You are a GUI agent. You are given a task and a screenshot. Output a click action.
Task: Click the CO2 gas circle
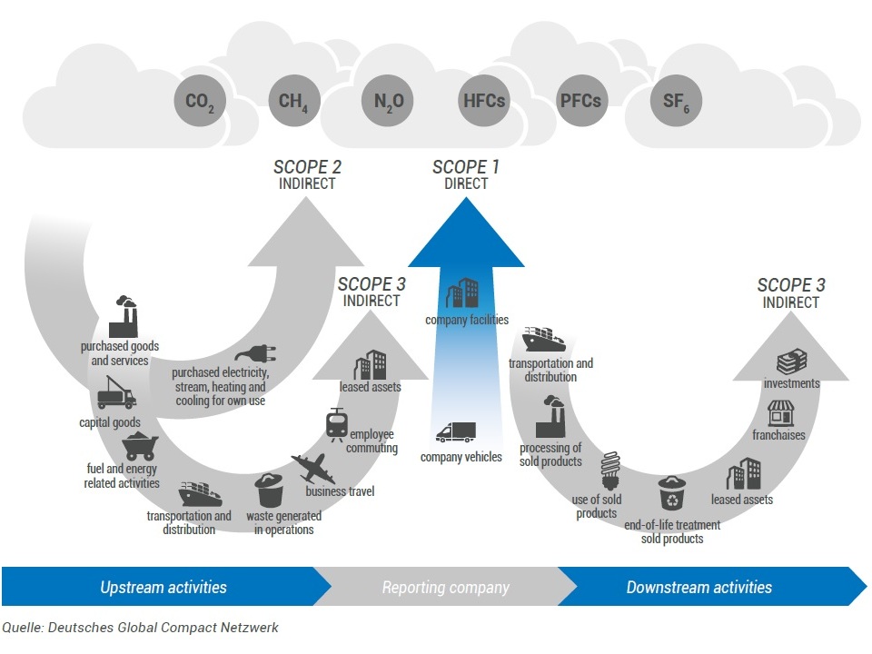tap(200, 101)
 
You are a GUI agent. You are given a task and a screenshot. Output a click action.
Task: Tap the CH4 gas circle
tap(294, 101)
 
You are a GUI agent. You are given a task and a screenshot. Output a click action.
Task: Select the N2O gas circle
tap(388, 101)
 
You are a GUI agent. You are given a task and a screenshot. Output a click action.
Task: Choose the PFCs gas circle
tap(580, 101)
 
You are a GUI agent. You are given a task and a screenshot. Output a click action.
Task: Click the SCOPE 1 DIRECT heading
tap(466, 174)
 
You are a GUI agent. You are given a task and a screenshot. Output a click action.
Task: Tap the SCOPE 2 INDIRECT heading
tap(307, 174)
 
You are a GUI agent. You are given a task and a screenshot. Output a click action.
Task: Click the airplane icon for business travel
tap(312, 469)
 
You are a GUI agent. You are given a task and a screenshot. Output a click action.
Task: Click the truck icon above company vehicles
tap(455, 432)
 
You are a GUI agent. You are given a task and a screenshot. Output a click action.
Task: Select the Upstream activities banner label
tap(163, 587)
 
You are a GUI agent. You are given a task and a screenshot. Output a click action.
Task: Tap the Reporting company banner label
tap(445, 587)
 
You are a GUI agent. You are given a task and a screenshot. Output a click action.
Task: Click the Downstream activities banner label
tap(699, 587)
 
